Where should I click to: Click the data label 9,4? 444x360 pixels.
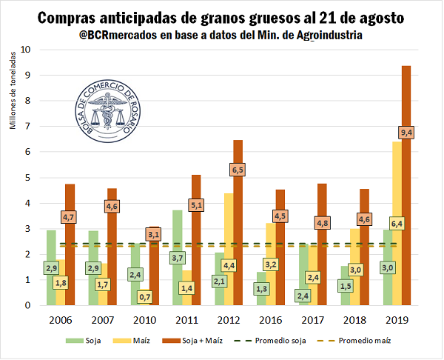point(406,132)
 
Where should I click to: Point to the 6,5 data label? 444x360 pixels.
point(238,170)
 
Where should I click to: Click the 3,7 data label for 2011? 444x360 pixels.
point(176,257)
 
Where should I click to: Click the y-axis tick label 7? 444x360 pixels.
point(28,127)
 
